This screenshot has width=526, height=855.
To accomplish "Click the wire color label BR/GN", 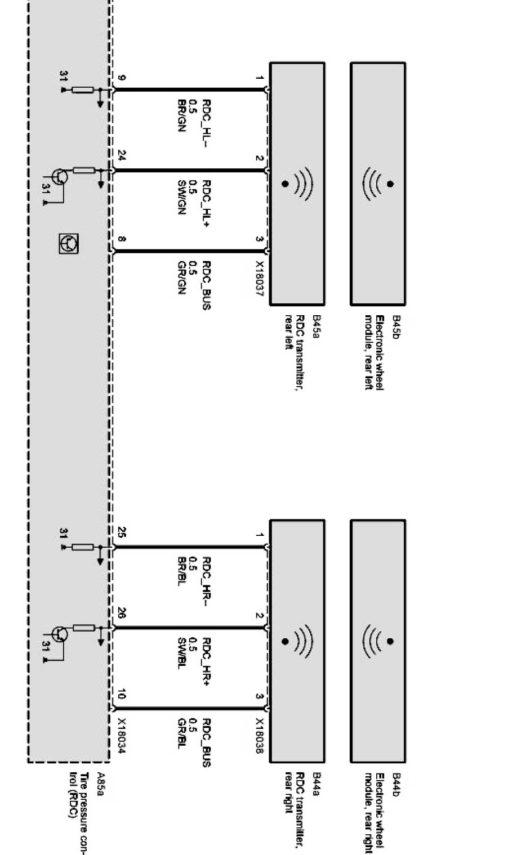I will click(181, 116).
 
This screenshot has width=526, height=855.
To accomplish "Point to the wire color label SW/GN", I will click(181, 197).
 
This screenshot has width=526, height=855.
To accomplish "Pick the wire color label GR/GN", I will click(181, 277).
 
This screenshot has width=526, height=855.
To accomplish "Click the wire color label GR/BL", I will click(181, 733).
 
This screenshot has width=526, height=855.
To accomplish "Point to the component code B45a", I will click(316, 326).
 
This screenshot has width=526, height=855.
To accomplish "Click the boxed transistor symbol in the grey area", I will click(69, 243).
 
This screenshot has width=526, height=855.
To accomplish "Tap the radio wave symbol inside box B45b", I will click(379, 183).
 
